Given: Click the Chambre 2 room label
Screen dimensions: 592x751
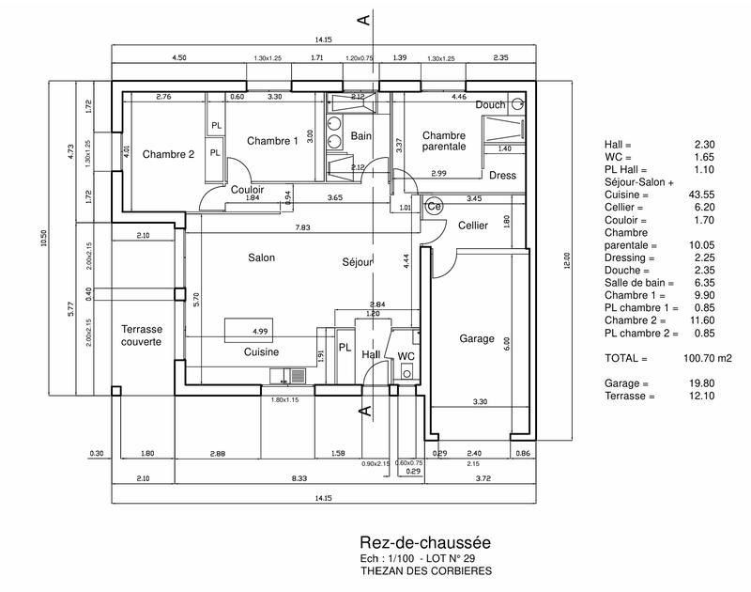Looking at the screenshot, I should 168,154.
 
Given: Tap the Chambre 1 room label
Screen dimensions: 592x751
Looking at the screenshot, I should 272,140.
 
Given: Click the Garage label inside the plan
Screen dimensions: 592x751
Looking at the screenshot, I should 477,338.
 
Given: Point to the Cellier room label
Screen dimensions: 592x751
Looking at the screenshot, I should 473,226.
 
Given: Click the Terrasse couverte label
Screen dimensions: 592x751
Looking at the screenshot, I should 142,335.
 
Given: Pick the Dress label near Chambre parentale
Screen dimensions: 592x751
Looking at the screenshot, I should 502,175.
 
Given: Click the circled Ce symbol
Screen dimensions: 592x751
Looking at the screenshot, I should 434,206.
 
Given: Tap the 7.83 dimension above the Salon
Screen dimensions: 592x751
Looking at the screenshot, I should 302,227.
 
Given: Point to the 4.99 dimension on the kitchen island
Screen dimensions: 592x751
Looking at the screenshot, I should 260,332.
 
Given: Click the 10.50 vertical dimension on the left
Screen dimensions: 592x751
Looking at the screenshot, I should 43,241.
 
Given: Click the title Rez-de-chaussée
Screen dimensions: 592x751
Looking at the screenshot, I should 424,543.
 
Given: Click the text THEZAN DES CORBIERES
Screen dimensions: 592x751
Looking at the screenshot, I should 425,570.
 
